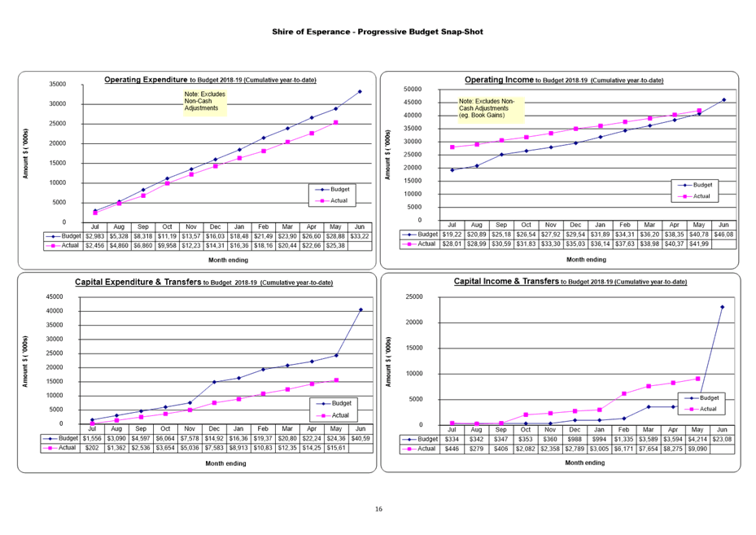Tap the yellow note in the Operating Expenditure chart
click(205, 101)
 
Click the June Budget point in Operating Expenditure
click(360, 91)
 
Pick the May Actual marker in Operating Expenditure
click(336, 123)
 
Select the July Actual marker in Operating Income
click(452, 147)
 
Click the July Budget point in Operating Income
click(452, 170)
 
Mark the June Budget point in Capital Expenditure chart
click(360, 309)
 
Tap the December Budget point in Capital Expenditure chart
click(215, 381)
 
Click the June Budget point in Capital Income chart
click(722, 307)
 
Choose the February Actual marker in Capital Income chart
click(624, 393)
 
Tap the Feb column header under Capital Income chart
click(624, 429)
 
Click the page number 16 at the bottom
click(378, 509)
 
